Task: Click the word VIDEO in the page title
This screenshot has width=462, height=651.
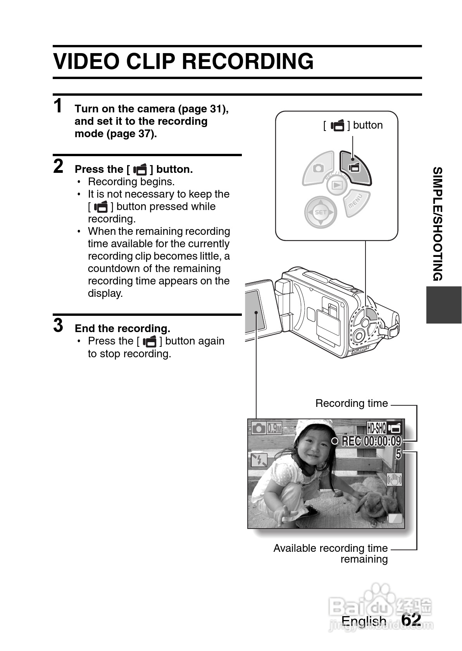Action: coord(87,62)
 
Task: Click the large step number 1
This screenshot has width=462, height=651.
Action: coord(58,106)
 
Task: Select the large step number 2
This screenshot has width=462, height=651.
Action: coord(58,166)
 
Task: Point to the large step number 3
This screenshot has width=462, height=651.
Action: coord(58,325)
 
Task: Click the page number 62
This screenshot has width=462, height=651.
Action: coord(411,620)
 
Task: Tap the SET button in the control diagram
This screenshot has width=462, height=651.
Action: coord(321,212)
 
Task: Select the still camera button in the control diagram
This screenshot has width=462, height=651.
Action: coord(319,168)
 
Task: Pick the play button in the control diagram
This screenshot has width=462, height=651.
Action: coord(337,185)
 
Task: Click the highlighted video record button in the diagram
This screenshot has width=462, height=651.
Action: coord(355,167)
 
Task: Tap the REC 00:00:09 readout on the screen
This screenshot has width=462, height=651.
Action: coord(371,441)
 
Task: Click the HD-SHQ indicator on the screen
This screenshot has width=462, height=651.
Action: coord(376,428)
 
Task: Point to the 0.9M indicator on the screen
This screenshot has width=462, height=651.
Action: coord(274,428)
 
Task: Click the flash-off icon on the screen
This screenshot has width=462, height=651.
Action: coord(259,460)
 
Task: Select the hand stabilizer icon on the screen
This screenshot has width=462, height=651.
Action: coord(395,480)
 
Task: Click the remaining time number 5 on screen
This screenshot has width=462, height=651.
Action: coord(398,454)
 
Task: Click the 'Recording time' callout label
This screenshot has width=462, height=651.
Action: coord(351,403)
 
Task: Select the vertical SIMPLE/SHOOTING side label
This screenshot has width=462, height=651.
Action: coord(438,224)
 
